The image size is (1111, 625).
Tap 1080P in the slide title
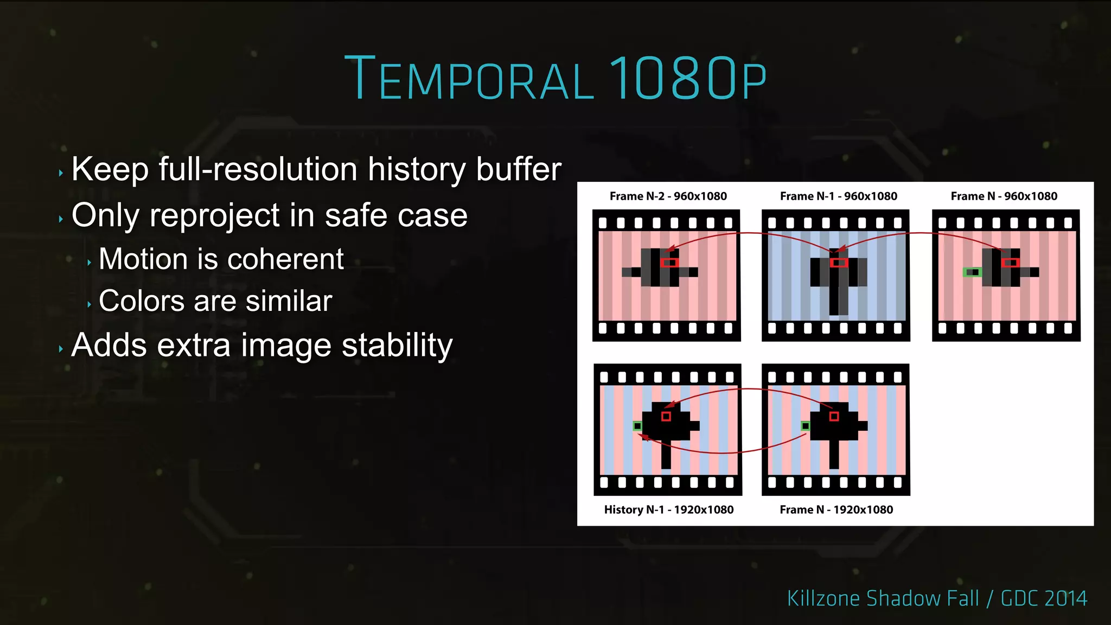point(687,79)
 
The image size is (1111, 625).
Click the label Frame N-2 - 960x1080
point(668,196)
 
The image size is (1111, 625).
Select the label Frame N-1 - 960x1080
point(838,196)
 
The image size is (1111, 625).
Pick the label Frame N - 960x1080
point(1004,196)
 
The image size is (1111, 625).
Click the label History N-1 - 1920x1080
point(668,510)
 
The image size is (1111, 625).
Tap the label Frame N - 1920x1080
point(836,510)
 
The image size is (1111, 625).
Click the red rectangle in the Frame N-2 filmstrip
point(670,263)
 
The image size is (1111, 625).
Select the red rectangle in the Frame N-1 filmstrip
point(839,263)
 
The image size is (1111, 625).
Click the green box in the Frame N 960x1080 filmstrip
point(972,272)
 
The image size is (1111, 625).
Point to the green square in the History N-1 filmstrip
point(637,426)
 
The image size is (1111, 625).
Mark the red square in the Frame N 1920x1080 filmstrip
point(834,416)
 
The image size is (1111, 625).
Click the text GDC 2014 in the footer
point(1044,598)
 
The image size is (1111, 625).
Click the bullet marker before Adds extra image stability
point(61,349)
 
